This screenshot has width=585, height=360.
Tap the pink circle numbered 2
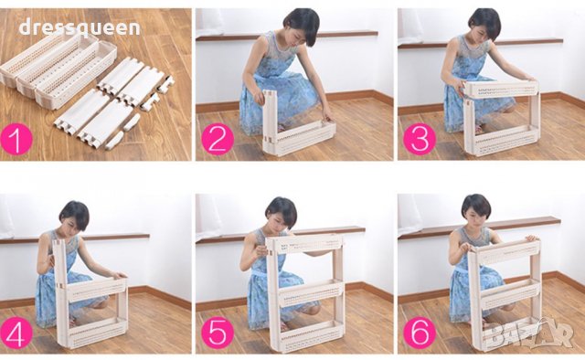[218, 139]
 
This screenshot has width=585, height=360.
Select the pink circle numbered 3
[420, 139]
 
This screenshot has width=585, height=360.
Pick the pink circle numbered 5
[218, 333]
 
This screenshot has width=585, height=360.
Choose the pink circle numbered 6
[420, 333]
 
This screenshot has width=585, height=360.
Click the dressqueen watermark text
[80, 27]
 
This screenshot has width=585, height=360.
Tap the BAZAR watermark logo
[530, 334]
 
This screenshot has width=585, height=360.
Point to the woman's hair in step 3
[485, 23]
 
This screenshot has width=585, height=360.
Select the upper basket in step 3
[501, 90]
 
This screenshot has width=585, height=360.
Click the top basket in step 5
[305, 243]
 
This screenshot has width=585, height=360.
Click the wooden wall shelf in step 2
[286, 36]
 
